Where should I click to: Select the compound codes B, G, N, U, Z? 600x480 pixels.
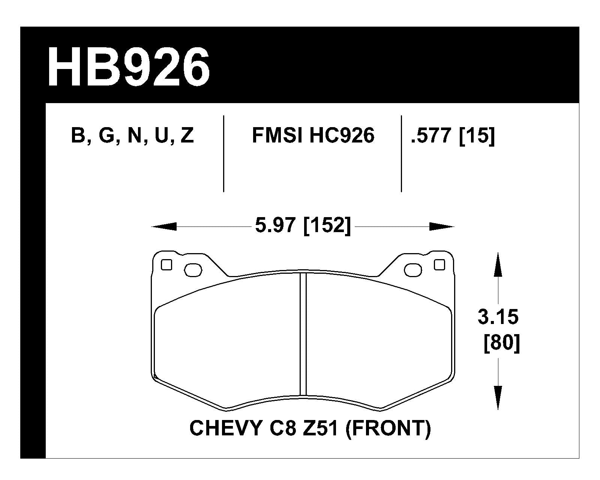tap(132, 136)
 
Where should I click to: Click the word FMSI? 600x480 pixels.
tap(277, 136)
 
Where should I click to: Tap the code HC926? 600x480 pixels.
tap(342, 136)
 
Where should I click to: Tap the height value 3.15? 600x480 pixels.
tap(498, 317)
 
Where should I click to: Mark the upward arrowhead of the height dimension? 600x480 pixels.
tap(498, 264)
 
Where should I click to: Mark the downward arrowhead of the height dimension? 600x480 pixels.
tap(498, 397)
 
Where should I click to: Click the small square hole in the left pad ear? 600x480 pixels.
tap(166, 265)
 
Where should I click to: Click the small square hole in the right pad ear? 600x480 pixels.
tap(439, 265)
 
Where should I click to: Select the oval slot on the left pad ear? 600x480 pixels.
tap(193, 270)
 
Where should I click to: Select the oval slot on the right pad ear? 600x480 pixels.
tap(412, 270)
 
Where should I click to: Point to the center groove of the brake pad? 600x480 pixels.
tap(303, 334)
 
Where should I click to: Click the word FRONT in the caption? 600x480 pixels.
tap(388, 428)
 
